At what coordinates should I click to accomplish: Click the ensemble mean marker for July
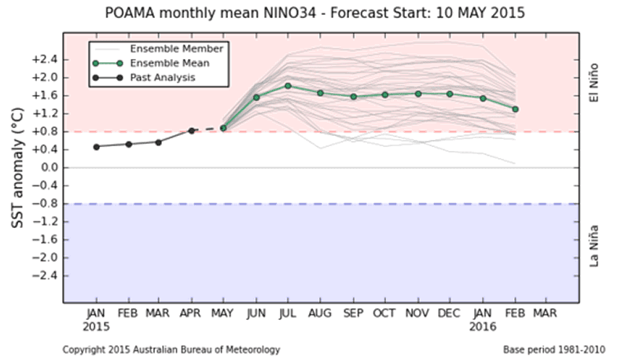point(288,86)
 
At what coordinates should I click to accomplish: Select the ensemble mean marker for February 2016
point(515,109)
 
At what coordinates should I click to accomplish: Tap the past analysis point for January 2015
point(96,146)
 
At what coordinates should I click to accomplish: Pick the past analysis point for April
point(191,130)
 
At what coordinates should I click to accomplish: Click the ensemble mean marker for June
point(256,97)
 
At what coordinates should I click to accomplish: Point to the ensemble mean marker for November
point(417,94)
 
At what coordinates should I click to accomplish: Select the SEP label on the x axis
point(352,313)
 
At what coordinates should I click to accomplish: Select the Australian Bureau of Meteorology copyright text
point(171,348)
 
